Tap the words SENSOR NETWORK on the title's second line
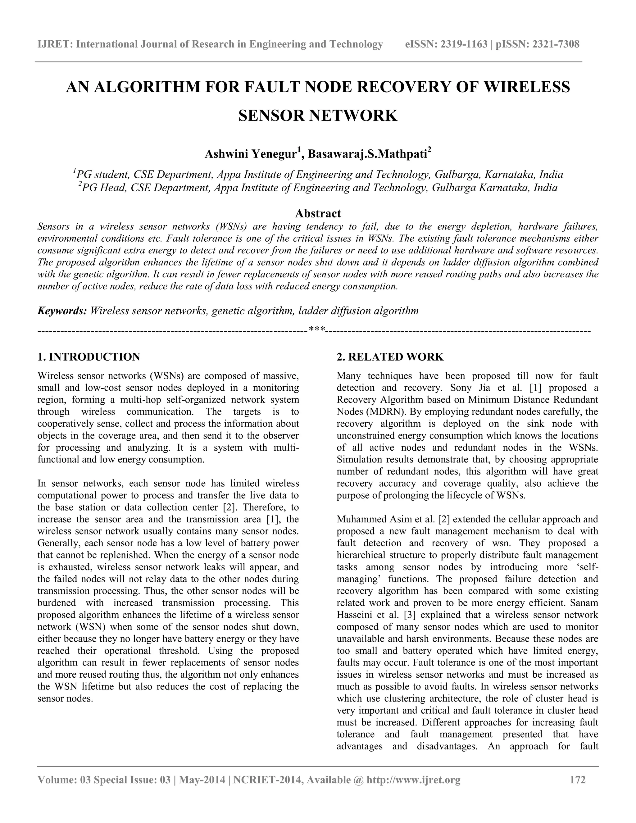318,115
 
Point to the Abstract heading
318,213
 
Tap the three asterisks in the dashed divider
317,329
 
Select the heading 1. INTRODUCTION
89,357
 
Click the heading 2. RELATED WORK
390,357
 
